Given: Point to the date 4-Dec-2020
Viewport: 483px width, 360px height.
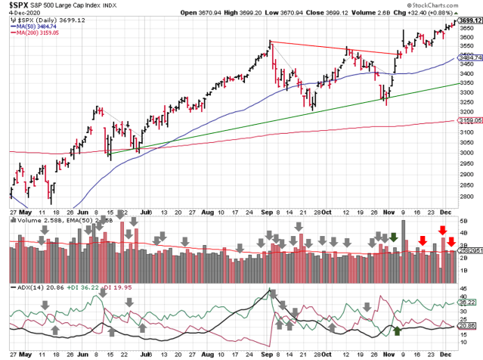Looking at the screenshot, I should tap(26, 14).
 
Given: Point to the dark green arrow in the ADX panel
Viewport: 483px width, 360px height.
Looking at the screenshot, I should tap(398, 331).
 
